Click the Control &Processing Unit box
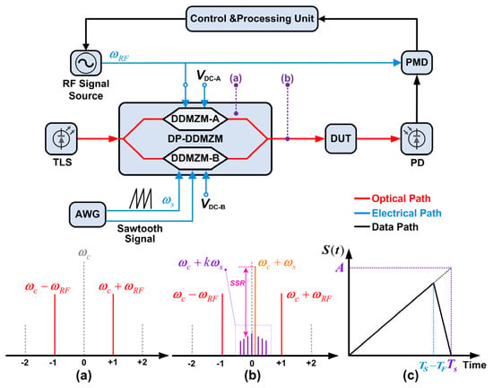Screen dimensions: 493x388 click(252, 19)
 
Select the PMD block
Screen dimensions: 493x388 click(417, 62)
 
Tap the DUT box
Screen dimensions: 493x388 click(341, 138)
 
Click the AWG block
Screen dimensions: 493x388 click(88, 214)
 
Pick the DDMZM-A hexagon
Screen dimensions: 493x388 click(195, 119)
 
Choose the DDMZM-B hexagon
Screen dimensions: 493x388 click(195, 158)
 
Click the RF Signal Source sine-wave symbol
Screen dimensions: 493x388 click(85, 62)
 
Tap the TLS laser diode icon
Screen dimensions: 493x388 click(61, 138)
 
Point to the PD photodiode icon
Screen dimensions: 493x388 click(417, 138)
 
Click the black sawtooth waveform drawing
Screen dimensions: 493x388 click(141, 198)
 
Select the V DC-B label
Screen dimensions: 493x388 click(213, 205)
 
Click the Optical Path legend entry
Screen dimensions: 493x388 click(393, 198)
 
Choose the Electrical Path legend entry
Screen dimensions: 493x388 click(398, 213)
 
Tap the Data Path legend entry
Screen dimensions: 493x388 click(386, 227)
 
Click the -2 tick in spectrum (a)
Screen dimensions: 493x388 click(25, 363)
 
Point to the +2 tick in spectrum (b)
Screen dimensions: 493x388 click(311, 363)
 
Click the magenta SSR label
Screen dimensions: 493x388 click(238, 283)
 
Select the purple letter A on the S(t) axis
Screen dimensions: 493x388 click(340, 268)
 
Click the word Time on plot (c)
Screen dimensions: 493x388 click(474, 365)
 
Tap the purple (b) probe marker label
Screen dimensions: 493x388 click(288, 78)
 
